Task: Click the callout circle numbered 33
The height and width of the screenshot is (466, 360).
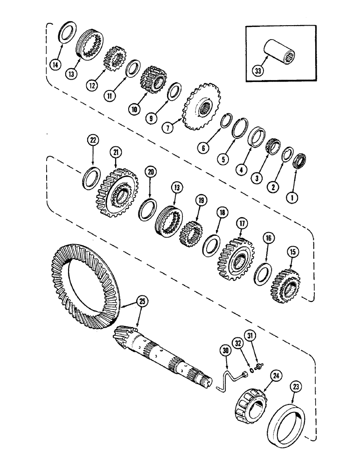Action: click(256, 72)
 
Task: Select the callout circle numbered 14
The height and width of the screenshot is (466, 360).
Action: click(55, 65)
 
